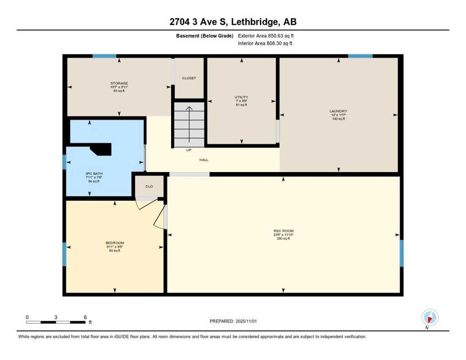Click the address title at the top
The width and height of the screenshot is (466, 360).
(x=233, y=22)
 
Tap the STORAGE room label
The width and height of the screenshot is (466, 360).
(x=119, y=83)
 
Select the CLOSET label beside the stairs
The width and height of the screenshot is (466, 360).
(x=189, y=78)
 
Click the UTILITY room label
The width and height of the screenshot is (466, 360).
(x=241, y=97)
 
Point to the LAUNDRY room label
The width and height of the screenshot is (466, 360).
(x=338, y=112)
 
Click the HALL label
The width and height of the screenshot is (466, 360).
(x=204, y=160)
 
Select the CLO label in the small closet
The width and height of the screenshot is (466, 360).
(x=149, y=187)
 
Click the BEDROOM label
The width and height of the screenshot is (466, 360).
(x=114, y=243)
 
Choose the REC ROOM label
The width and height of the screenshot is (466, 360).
(x=283, y=231)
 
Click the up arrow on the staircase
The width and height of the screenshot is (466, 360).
(x=189, y=124)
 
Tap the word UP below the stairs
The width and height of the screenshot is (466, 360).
(x=189, y=150)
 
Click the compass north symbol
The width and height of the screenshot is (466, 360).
(x=429, y=317)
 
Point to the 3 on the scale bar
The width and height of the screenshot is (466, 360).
(x=56, y=317)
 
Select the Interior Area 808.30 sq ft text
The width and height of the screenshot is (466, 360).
(x=266, y=44)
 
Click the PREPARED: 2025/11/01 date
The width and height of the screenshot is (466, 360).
(x=233, y=321)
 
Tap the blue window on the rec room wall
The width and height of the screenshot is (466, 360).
(x=401, y=253)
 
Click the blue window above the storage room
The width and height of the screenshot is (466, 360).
(x=104, y=56)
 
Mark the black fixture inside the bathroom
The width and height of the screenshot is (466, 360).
(x=101, y=149)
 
